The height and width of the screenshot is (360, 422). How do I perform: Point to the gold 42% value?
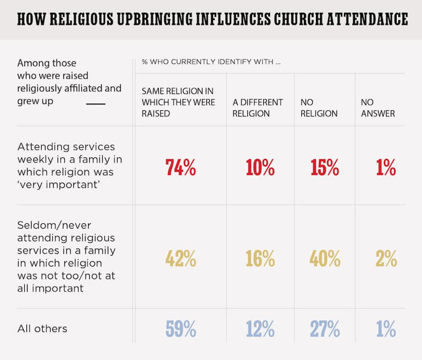tap(181, 258)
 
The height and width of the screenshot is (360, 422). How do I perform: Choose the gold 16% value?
tap(260, 258)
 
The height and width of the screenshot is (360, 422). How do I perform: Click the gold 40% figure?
tap(324, 258)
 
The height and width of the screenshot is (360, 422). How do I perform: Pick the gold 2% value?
tap(386, 258)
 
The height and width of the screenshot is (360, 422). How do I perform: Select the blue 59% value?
tap(181, 329)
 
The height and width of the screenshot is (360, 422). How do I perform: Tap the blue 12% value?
tap(260, 329)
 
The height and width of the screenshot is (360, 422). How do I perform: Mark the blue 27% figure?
tap(324, 329)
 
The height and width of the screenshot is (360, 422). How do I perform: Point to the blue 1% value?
tap(386, 329)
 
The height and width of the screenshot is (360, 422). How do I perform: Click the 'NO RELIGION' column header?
tap(319, 108)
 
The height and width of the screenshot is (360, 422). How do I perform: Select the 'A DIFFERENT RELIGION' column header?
tap(258, 108)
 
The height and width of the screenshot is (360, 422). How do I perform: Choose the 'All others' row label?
tap(42, 329)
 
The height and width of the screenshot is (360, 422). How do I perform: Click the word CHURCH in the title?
tap(301, 20)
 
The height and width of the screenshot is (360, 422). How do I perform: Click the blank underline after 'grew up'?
tap(96, 103)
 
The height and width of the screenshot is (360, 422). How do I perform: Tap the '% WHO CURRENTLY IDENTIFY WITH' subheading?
tap(211, 62)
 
